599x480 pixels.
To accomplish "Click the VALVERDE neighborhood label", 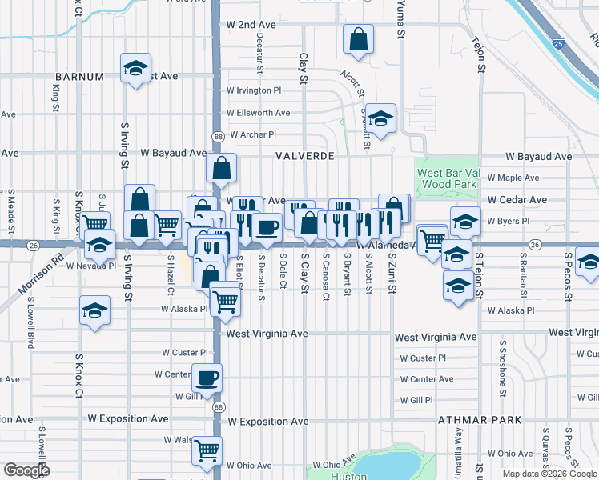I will (304, 157).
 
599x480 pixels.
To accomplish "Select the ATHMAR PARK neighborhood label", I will (480, 419).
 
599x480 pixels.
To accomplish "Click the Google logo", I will (26, 470).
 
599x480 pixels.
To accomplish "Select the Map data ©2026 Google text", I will (549, 474).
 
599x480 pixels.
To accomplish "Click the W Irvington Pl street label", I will (255, 90).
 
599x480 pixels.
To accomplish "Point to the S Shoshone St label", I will (503, 368).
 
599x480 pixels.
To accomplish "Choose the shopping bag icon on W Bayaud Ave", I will (222, 167).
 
